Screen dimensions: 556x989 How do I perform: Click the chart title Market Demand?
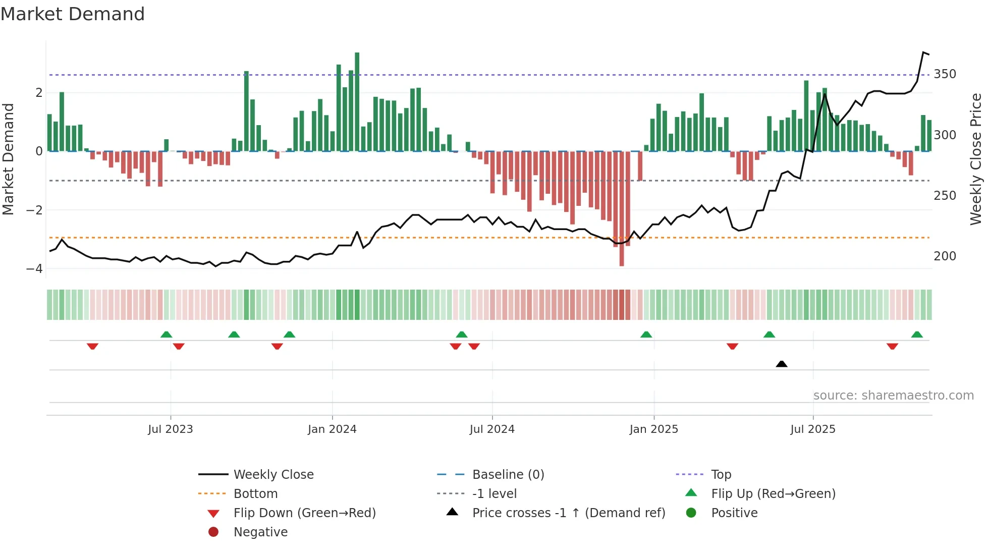point(73,14)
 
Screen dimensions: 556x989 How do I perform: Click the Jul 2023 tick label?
point(170,429)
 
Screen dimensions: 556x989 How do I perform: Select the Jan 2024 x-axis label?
point(332,429)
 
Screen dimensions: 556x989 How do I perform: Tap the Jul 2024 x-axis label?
point(492,429)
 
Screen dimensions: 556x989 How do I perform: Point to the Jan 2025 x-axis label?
point(653,429)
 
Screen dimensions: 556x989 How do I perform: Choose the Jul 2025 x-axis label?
point(813,429)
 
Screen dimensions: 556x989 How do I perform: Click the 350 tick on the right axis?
point(945,74)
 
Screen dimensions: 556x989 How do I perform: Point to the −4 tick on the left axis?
point(34,269)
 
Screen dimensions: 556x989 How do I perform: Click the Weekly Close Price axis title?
point(976,159)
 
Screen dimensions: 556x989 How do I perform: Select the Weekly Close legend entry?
point(273,475)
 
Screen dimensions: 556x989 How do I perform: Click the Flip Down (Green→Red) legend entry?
point(304,513)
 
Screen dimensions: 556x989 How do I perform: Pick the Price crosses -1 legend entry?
point(568,513)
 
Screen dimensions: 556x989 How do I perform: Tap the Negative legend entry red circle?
point(213,532)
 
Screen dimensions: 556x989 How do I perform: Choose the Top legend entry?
point(721,475)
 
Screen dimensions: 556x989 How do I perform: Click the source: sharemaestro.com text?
point(893,396)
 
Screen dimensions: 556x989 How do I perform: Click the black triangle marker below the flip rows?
point(782,364)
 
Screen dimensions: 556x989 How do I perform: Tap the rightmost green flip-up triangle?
point(917,335)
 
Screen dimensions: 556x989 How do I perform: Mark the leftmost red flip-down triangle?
point(92,346)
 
